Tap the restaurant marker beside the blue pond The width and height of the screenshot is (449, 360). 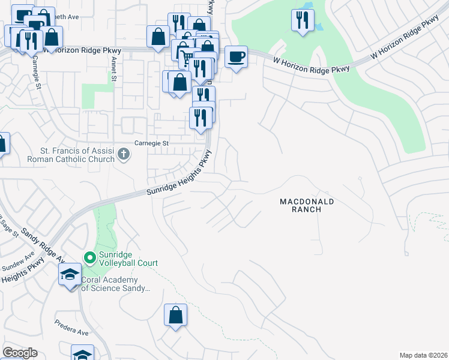pos(302,21)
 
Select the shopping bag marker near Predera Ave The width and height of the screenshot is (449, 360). pos(175,315)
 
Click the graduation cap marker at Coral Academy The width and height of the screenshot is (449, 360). pos(70,275)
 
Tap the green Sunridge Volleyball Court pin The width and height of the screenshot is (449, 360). pos(90,258)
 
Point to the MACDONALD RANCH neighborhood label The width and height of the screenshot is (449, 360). pos(306,206)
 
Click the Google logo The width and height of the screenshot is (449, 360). pos(20,353)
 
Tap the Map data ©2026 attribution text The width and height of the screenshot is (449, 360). pos(424,355)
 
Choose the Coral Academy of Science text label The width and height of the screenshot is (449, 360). pos(114,284)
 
